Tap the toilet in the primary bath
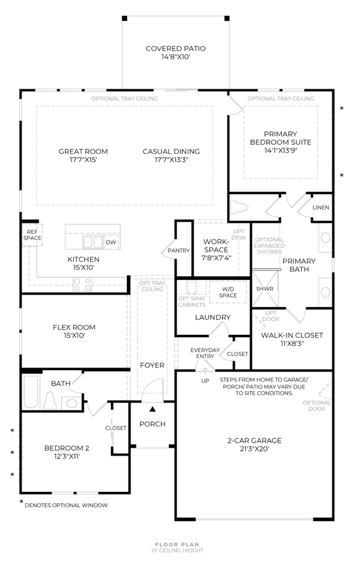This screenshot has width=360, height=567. coord(240,208)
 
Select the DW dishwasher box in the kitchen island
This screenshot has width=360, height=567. coord(111,242)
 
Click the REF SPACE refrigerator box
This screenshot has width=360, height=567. coord(32,235)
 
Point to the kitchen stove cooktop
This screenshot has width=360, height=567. coord(82,284)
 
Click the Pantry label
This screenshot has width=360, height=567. coord(178,250)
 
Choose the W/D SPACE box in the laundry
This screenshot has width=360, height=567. coord(228,292)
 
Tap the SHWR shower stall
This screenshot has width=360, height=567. coord(265,289)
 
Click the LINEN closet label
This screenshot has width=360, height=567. coord(321,208)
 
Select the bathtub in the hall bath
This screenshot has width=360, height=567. coord(31,392)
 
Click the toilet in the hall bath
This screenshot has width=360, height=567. coord(50,400)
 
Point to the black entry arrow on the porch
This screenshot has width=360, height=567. coord(153,409)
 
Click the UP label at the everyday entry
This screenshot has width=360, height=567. coord(205,381)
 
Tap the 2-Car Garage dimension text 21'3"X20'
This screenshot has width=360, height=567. coord(254,449)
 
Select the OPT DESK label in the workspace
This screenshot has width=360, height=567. coord(238,235)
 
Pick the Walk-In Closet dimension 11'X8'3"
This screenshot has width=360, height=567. coord(292,344)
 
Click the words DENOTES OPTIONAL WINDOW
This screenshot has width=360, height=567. coord(66,505)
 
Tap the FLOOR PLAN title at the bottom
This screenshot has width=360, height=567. coord(177,544)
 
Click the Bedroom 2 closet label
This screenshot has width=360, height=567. coord(115,428)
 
